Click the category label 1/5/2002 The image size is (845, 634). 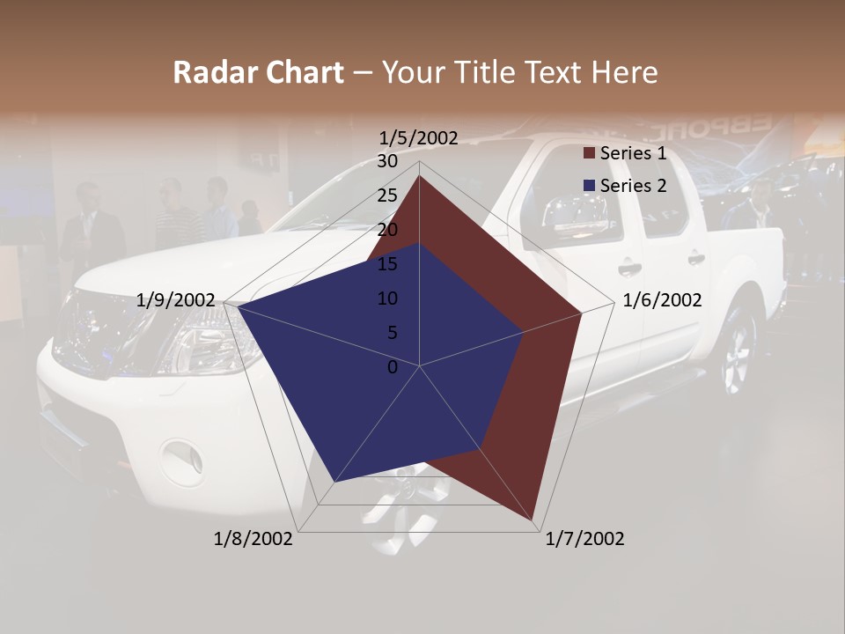419,138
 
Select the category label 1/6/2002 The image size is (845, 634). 662,300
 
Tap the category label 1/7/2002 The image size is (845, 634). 584,539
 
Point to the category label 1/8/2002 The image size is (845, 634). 253,539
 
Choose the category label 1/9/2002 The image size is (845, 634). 176,300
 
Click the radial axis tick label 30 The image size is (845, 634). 387,161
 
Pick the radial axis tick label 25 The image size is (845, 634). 387,195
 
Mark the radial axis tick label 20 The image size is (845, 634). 387,230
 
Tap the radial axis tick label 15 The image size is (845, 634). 387,264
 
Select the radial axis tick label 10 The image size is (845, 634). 387,299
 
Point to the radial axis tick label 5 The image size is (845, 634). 392,333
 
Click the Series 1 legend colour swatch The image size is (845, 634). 589,154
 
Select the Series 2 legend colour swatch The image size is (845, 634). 589,186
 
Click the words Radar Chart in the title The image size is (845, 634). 258,72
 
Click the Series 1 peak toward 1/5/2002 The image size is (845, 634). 419,175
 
